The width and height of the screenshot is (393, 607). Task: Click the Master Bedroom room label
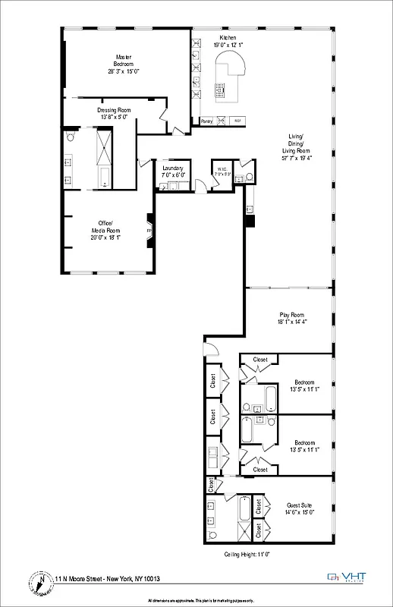124,60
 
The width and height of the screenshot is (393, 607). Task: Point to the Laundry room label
172,168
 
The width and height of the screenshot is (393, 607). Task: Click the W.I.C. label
222,169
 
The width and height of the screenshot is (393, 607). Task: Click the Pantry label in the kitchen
206,121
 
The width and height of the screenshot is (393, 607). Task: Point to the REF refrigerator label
237,121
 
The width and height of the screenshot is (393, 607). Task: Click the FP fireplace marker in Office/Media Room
149,231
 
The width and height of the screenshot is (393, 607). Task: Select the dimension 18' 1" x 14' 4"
291,322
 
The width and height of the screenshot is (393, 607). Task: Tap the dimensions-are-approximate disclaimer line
196,599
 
